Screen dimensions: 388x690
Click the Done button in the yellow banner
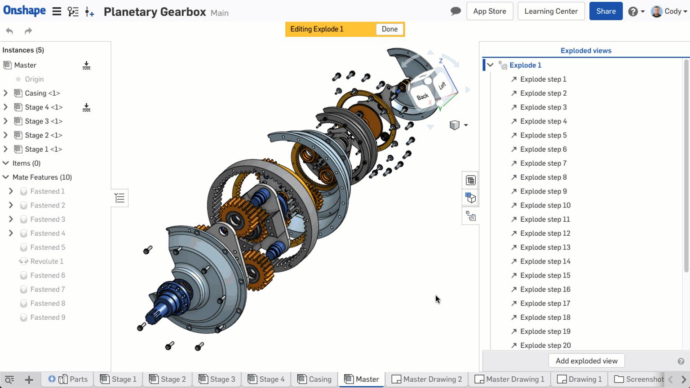click(x=389, y=29)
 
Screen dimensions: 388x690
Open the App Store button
click(x=489, y=11)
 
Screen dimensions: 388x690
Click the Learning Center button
click(x=551, y=11)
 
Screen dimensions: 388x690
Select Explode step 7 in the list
click(x=543, y=163)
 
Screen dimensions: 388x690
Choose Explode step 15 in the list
click(x=545, y=275)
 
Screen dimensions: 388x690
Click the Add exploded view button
click(x=586, y=361)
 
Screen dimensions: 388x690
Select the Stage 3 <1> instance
click(x=44, y=121)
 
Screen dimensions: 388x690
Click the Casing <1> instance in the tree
click(x=42, y=93)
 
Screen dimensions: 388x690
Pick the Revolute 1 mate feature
click(x=47, y=261)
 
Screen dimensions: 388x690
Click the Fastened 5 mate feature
click(x=48, y=247)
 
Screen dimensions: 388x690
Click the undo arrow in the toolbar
click(x=9, y=31)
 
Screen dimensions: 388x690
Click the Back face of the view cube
click(x=422, y=97)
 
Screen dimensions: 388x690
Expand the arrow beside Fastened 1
click(x=11, y=191)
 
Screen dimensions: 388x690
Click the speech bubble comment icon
click(x=456, y=11)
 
